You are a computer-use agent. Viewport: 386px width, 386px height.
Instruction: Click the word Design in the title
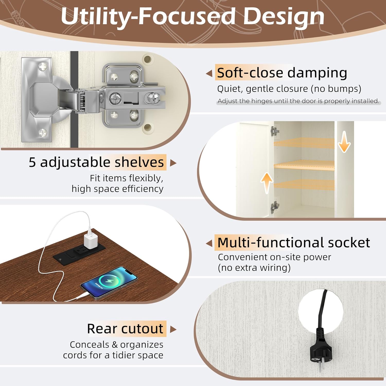284,17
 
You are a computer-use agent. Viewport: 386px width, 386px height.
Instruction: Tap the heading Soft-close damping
282,73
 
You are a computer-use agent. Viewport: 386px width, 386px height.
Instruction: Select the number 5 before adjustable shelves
32,162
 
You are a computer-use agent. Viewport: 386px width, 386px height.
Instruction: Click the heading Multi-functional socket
294,242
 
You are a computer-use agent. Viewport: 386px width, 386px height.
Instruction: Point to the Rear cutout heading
125,329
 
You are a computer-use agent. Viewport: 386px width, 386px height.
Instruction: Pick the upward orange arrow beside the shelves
267,183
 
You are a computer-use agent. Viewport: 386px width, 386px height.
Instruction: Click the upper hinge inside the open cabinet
275,131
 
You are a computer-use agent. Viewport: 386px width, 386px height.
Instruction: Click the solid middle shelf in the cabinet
304,165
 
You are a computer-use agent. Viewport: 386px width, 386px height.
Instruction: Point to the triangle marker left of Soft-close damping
209,74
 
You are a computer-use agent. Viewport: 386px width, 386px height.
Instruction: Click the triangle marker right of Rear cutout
173,329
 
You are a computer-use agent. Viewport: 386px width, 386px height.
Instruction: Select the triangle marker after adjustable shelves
173,163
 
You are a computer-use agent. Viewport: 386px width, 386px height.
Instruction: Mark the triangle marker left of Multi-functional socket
209,243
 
